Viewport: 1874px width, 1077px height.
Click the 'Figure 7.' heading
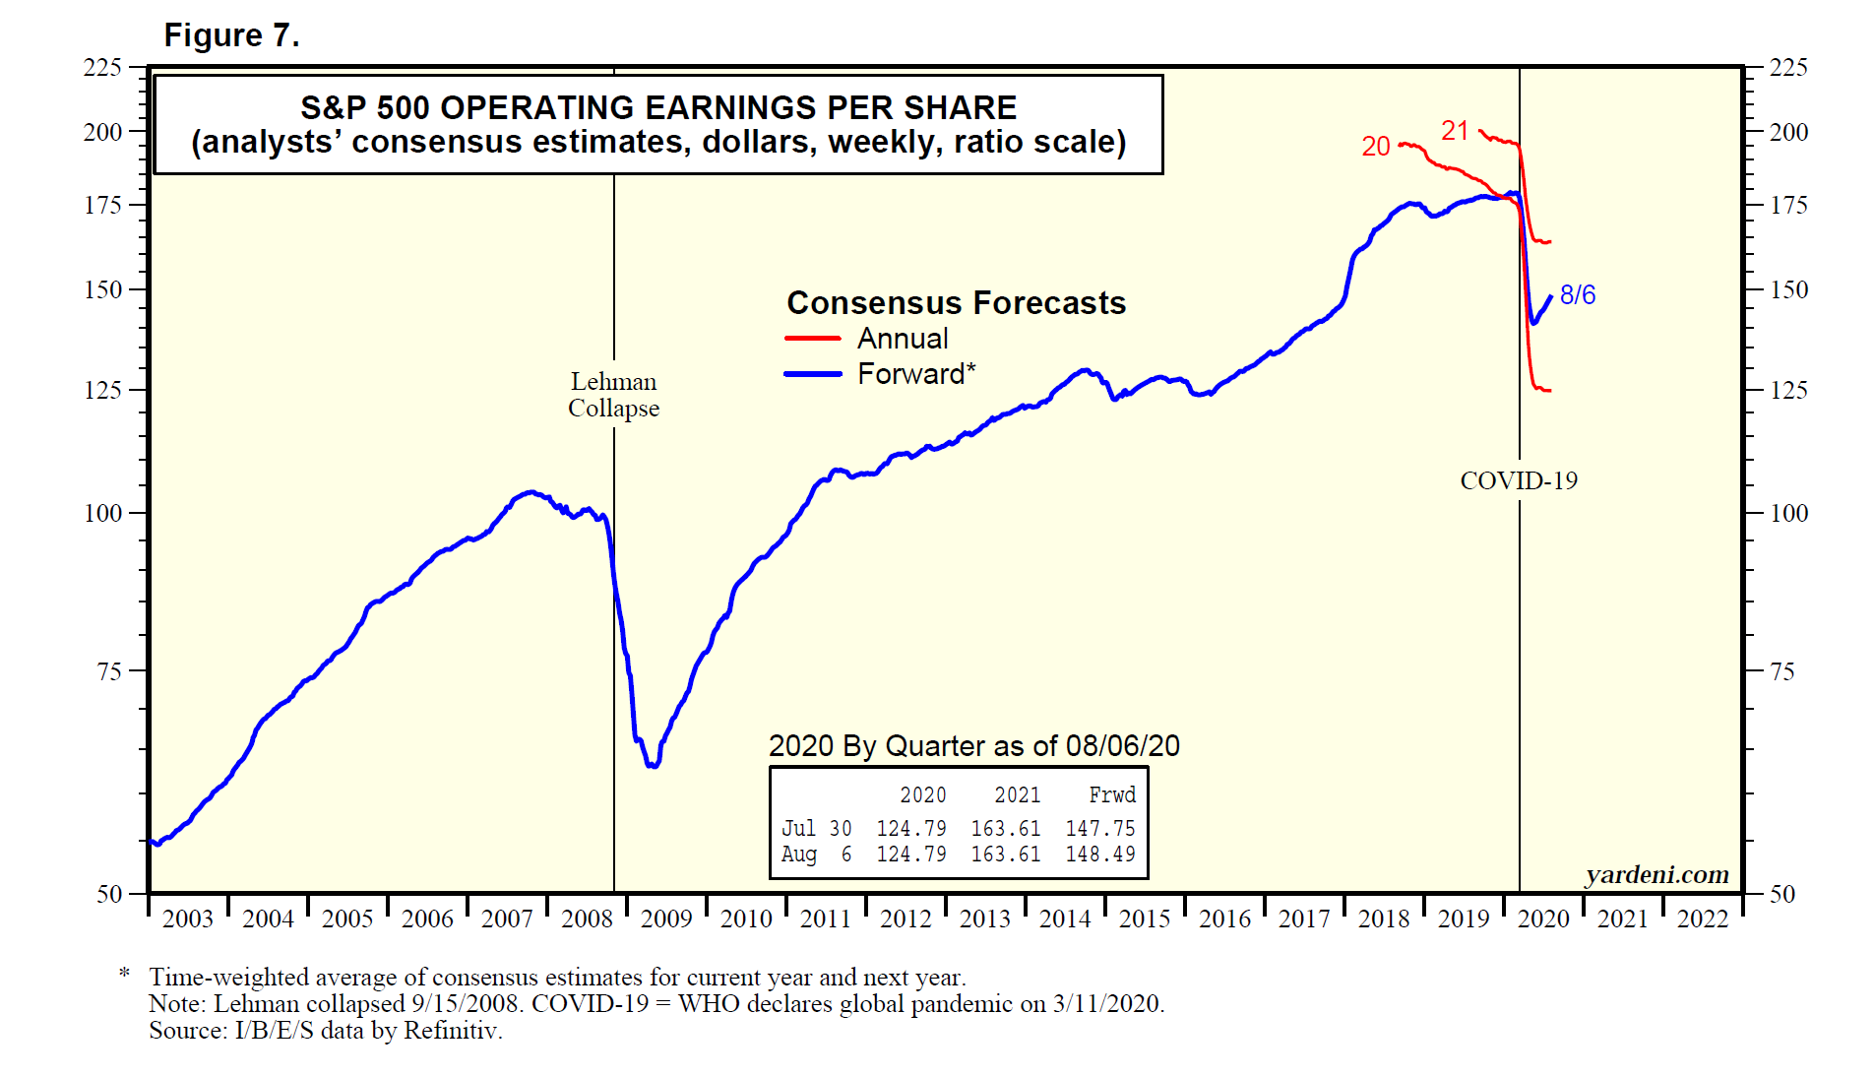click(x=231, y=35)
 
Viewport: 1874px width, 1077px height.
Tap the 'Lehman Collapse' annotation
click(x=613, y=395)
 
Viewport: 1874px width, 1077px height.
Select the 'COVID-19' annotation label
click(x=1518, y=480)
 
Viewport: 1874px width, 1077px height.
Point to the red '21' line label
click(x=1455, y=130)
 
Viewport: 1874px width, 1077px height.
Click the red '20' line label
click(x=1375, y=147)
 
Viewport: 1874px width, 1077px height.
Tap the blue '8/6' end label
click(x=1577, y=294)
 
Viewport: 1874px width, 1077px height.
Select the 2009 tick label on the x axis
click(x=666, y=919)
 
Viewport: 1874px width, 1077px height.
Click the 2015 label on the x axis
click(x=1145, y=919)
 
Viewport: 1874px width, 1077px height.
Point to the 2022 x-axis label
click(x=1702, y=919)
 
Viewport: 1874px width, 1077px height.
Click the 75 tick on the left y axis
click(x=108, y=671)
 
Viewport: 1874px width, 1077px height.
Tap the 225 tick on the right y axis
click(x=1787, y=67)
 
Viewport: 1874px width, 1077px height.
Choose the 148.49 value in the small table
click(x=1099, y=855)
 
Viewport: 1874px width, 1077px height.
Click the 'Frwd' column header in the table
click(x=1111, y=795)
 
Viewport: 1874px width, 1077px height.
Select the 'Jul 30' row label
click(x=816, y=829)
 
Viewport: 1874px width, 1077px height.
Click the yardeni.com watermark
click(x=1656, y=874)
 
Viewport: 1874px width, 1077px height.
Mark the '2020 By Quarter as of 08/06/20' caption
click(x=973, y=745)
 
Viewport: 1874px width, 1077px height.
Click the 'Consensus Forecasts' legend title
click(x=956, y=302)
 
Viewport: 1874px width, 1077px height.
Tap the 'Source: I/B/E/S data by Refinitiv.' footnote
click(x=326, y=1031)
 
